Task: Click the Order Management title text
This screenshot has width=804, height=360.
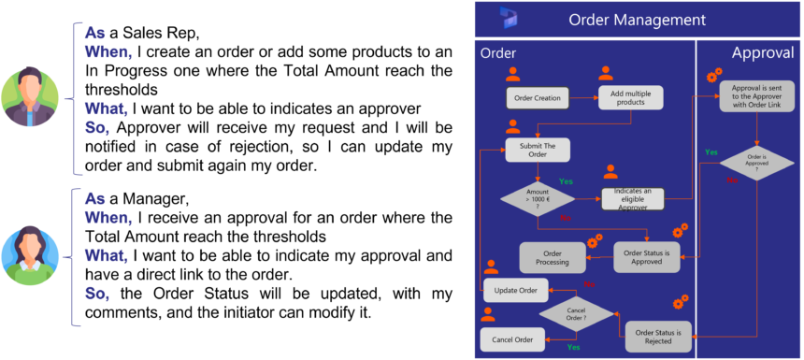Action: (637, 20)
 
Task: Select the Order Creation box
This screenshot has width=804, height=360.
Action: (538, 97)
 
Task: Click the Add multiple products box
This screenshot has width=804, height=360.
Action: (631, 97)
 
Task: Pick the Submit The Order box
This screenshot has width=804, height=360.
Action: (538, 150)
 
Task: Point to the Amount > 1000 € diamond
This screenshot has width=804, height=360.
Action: (538, 198)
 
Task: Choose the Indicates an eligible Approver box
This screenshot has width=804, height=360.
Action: (632, 198)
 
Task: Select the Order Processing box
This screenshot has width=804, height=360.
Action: (553, 257)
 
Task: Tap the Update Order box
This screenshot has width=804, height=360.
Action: (515, 290)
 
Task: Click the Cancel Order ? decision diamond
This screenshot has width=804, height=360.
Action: (578, 312)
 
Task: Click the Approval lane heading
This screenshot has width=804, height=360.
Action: (763, 53)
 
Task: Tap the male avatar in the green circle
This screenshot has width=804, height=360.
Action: (31, 96)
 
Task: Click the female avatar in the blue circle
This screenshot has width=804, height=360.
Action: (31, 255)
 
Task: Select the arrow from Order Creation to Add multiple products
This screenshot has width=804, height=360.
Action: (583, 97)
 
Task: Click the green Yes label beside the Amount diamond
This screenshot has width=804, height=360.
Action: (566, 180)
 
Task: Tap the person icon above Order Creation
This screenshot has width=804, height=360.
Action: (512, 74)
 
